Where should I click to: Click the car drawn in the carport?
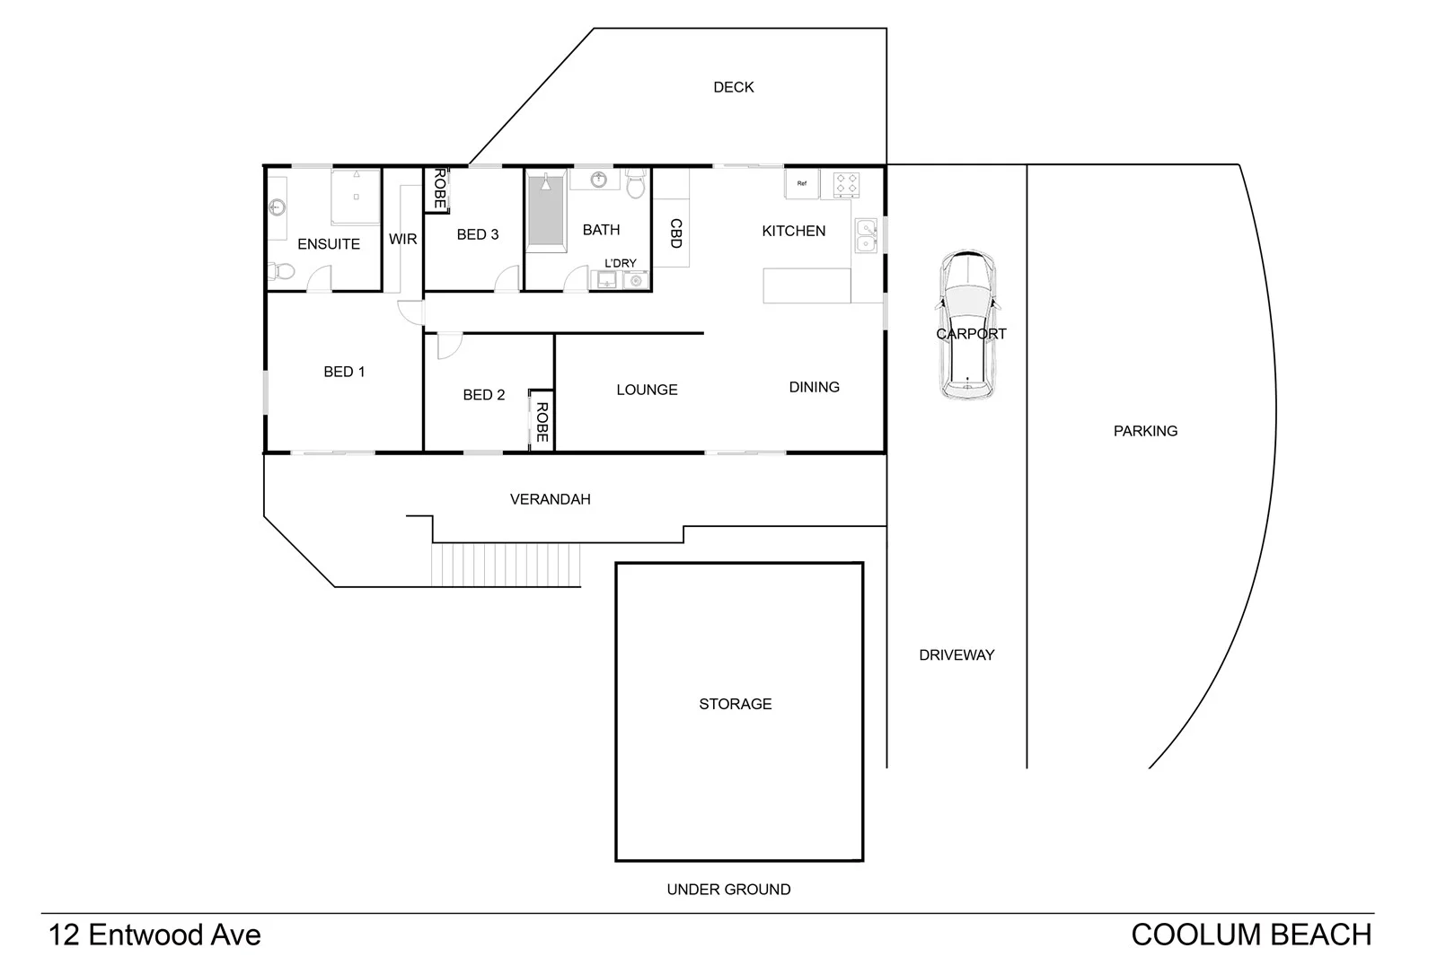[967, 325]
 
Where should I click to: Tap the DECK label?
[733, 87]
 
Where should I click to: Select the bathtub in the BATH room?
[545, 212]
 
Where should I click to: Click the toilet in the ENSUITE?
[280, 270]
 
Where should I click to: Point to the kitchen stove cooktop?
[846, 185]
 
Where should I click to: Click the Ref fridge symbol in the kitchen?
[801, 184]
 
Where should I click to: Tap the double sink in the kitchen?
[866, 235]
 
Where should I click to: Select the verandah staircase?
[507, 565]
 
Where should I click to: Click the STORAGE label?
[735, 704]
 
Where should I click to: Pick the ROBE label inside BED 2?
[542, 421]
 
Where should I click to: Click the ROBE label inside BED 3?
[438, 189]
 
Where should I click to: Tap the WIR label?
[402, 239]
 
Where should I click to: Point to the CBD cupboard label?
[675, 233]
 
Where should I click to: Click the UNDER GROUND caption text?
[728, 890]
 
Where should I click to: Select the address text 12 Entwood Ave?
[154, 935]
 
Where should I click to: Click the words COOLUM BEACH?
[1251, 935]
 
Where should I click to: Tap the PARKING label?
[1145, 431]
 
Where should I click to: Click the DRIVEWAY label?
[957, 655]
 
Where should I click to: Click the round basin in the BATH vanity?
[598, 180]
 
